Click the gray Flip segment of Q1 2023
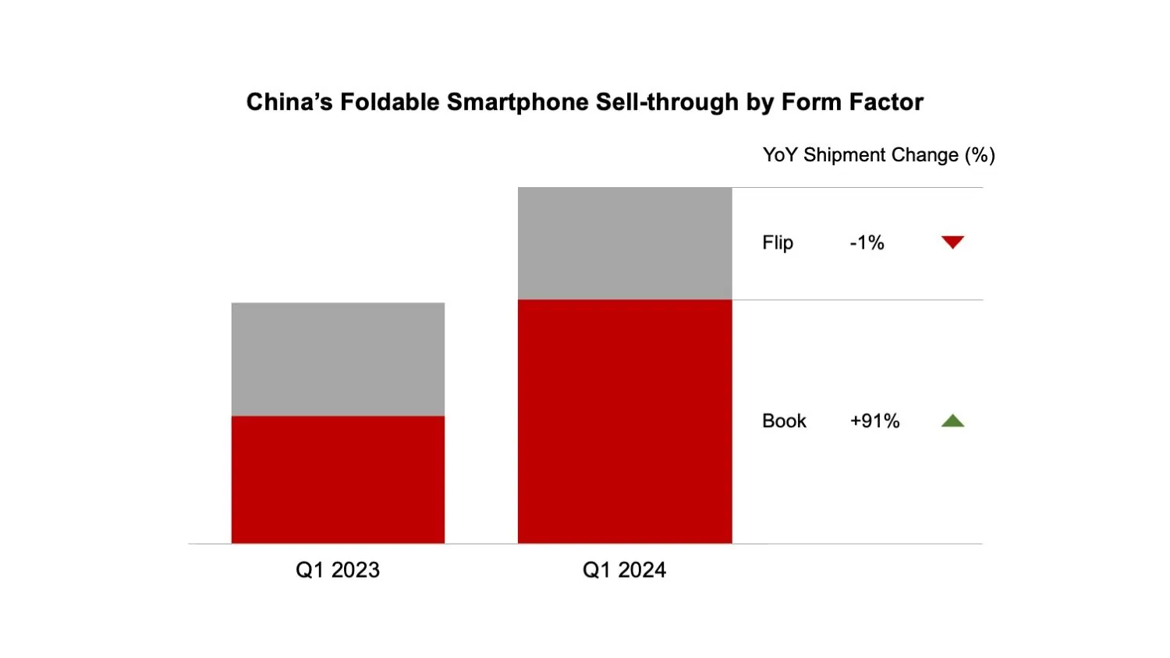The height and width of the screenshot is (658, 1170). (338, 359)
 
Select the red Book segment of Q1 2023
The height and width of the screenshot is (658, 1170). (338, 479)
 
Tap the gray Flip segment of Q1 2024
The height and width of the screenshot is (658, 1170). (625, 243)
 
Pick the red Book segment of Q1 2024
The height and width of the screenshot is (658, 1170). (625, 421)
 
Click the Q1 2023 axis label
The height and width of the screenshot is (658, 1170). (338, 570)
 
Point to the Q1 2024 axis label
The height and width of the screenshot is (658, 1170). (625, 570)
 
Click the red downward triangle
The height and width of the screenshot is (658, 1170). (952, 242)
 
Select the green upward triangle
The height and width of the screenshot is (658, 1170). (952, 421)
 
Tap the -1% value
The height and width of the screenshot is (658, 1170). (867, 243)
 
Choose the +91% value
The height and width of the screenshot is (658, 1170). (874, 421)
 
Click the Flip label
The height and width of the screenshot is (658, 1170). (778, 243)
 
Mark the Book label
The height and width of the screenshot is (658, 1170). (784, 421)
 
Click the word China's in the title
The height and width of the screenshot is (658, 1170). (289, 102)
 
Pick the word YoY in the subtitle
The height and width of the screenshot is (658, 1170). (780, 155)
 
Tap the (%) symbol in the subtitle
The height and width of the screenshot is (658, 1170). (980, 155)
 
